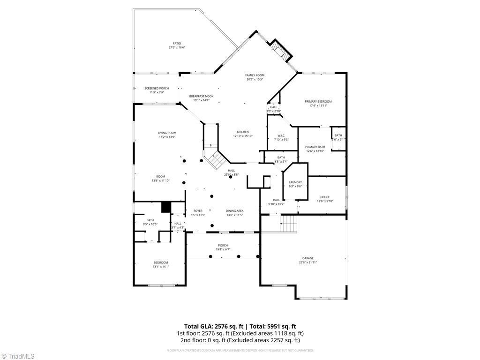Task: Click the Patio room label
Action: pyautogui.click(x=177, y=44)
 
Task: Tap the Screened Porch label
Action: pyautogui.click(x=157, y=89)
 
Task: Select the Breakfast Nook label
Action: pyautogui.click(x=201, y=96)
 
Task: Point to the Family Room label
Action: pyautogui.click(x=255, y=75)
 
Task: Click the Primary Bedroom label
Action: pyautogui.click(x=318, y=102)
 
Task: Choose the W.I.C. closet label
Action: pyautogui.click(x=281, y=136)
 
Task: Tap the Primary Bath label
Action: pyautogui.click(x=315, y=147)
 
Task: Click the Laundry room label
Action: pyautogui.click(x=295, y=182)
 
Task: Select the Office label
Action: pyautogui.click(x=325, y=197)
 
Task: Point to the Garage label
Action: pyautogui.click(x=307, y=258)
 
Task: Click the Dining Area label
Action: pyautogui.click(x=234, y=211)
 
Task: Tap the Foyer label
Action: pyautogui.click(x=198, y=211)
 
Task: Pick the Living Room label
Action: pyautogui.click(x=167, y=133)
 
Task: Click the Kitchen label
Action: pyautogui.click(x=243, y=132)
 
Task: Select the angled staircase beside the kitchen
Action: pyautogui.click(x=216, y=160)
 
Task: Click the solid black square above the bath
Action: pyautogui.click(x=166, y=207)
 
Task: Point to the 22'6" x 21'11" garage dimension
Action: pyautogui.click(x=307, y=262)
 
